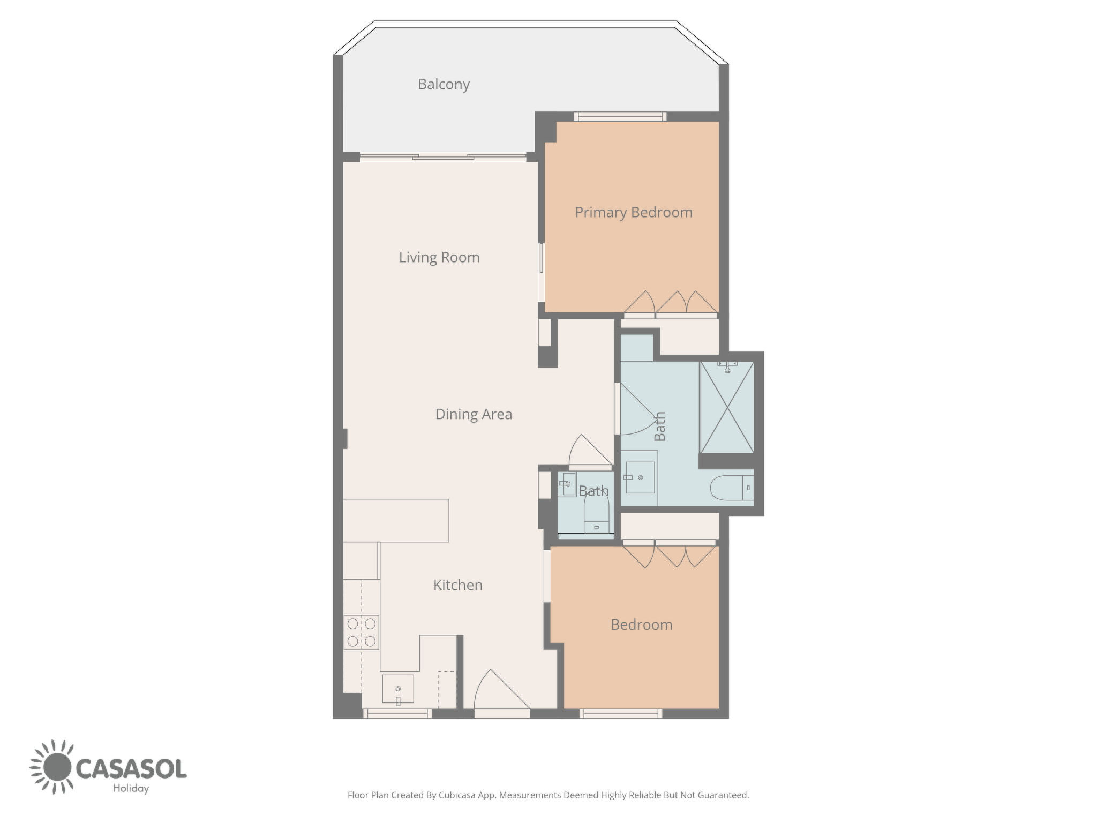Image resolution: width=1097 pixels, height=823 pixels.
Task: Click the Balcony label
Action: pos(444,85)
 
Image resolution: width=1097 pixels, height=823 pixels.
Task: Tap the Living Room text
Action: pos(439,258)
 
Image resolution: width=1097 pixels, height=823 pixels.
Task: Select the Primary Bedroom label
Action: pos(634,213)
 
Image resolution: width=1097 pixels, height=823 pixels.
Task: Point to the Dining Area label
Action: pos(474,414)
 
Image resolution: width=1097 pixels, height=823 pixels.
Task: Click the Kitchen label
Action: pos(458,585)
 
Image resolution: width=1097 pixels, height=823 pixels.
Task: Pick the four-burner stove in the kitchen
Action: pos(362,632)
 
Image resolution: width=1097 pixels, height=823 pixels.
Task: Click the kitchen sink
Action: pos(398,690)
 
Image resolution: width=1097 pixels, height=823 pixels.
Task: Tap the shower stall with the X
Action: pos(727,407)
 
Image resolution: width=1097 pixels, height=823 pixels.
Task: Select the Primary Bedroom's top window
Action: pos(621,116)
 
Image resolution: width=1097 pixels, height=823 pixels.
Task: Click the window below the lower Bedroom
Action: pos(621,713)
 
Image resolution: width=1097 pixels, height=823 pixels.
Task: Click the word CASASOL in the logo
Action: pos(132,768)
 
